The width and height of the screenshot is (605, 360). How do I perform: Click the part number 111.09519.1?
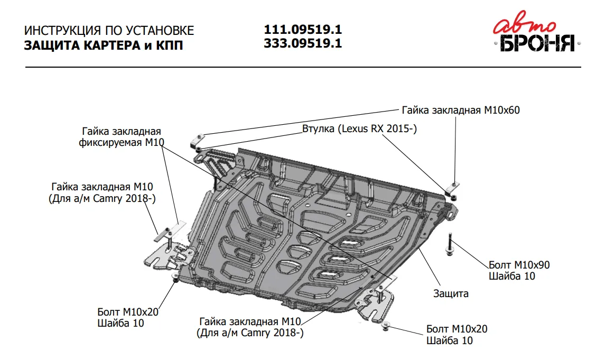(x=303, y=30)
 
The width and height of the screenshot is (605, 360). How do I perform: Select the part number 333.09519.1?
(x=303, y=43)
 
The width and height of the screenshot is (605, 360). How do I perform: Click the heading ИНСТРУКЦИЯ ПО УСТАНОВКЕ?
(x=109, y=30)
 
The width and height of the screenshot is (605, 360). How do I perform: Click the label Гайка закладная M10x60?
(x=461, y=110)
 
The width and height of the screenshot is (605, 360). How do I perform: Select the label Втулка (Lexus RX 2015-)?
(x=359, y=128)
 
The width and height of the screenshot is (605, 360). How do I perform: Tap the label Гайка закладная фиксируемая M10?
(x=121, y=137)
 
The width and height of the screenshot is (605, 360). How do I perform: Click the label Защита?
(x=451, y=293)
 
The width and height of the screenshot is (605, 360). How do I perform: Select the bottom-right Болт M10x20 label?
(x=457, y=335)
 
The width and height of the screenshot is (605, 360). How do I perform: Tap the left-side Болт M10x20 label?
(x=128, y=317)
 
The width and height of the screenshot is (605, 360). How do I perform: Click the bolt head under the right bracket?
(x=386, y=326)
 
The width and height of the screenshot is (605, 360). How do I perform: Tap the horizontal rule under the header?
(x=303, y=67)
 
